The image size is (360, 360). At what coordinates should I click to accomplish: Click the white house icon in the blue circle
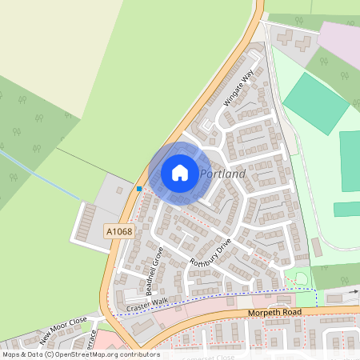click(180, 172)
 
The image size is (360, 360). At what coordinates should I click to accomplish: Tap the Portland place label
click(222, 174)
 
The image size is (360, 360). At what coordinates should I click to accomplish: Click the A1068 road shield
click(118, 231)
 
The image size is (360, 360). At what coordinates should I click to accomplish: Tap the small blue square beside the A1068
click(139, 189)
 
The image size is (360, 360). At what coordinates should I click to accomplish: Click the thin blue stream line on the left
click(40, 175)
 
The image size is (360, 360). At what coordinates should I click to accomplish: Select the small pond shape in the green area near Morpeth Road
click(298, 278)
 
